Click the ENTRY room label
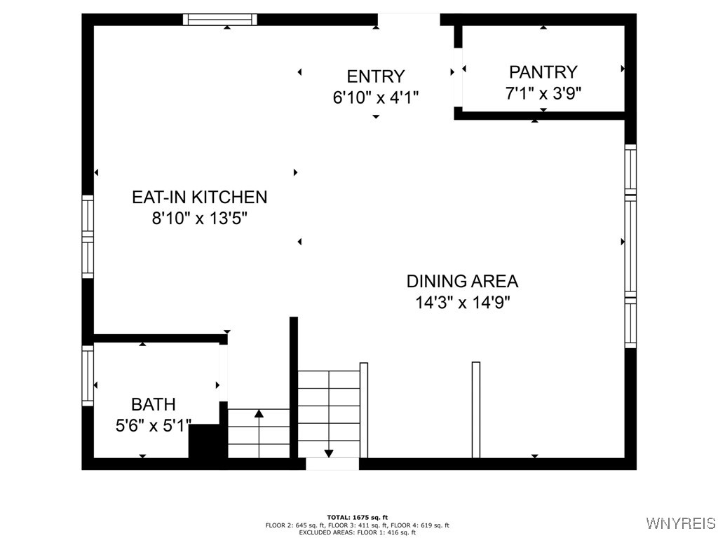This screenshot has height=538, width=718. (x=375, y=76)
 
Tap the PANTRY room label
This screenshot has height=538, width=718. (x=543, y=72)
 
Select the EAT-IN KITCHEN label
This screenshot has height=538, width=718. (x=199, y=197)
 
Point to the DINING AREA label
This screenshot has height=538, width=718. (x=462, y=282)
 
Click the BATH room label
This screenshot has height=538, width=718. (x=154, y=404)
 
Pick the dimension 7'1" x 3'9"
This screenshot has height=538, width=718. (x=543, y=92)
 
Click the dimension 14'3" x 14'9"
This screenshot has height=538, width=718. (x=462, y=303)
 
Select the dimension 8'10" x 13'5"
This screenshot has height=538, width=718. (x=199, y=218)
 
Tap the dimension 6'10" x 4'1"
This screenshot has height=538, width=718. (x=375, y=97)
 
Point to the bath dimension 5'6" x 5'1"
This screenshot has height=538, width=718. (x=154, y=425)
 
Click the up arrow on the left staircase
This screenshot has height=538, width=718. (x=259, y=415)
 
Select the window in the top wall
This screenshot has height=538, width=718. (x=220, y=20)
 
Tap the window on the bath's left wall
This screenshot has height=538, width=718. (x=88, y=375)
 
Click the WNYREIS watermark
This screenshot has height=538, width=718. (x=680, y=523)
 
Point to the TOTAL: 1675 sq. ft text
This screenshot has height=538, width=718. (x=358, y=517)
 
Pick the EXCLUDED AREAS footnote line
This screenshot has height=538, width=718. (x=358, y=532)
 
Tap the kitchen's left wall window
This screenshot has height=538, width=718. (x=88, y=237)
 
